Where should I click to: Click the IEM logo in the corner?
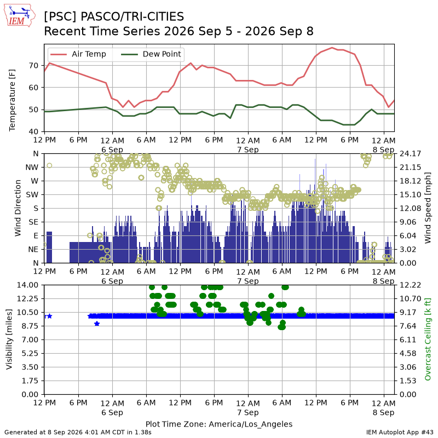(19, 15)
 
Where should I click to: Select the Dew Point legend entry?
(151, 54)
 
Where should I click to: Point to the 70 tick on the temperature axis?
(33, 65)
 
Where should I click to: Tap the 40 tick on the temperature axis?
(33, 131)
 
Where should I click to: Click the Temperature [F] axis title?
(12, 100)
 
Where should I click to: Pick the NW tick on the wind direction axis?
(32, 168)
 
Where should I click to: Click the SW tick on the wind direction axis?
(32, 195)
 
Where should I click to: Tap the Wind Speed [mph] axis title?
(428, 208)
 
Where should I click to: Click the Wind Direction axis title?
(18, 208)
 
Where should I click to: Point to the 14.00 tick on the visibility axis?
(28, 285)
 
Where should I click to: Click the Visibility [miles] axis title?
(9, 339)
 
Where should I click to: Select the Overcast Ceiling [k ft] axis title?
(428, 339)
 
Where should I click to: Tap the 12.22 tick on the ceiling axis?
(410, 285)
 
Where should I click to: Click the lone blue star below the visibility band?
(97, 324)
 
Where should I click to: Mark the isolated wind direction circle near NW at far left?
(49, 165)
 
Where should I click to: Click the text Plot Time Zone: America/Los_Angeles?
(219, 424)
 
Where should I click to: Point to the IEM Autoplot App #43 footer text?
(400, 433)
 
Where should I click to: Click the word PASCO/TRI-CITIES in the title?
(132, 17)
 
